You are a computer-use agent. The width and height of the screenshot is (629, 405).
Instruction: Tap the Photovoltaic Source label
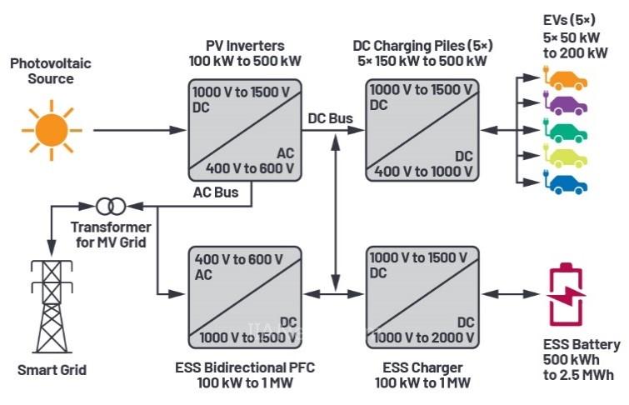click(x=49, y=70)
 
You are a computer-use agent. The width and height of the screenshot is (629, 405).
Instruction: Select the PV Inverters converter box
click(x=244, y=128)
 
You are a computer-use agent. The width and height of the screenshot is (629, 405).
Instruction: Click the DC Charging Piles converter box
click(x=422, y=128)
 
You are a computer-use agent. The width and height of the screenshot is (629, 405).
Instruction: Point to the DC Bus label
click(x=330, y=119)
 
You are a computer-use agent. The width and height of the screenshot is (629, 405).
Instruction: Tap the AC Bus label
click(x=215, y=192)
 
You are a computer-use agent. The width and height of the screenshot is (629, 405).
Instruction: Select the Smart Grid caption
click(x=52, y=369)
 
